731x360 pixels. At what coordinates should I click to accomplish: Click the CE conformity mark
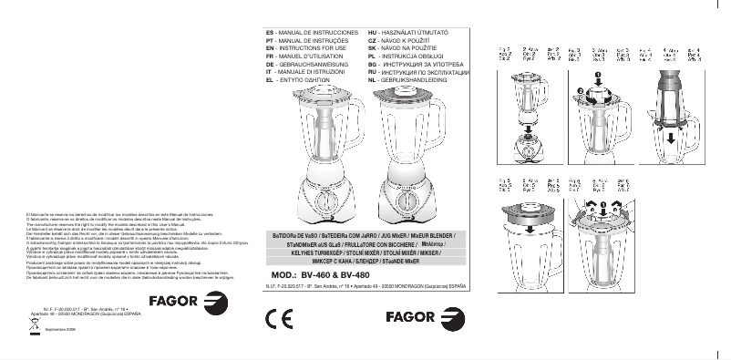click(x=277, y=319)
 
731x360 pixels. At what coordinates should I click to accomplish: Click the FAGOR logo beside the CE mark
click(x=427, y=319)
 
